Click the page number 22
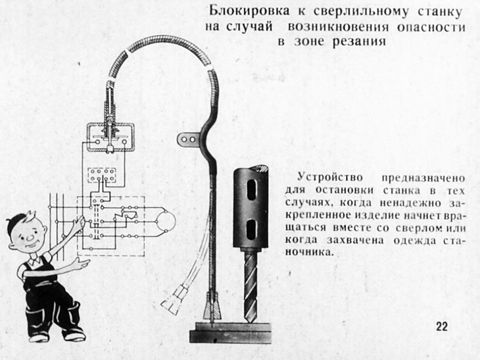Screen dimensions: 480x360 (x=442, y=326)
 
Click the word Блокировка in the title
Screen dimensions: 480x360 (x=249, y=11)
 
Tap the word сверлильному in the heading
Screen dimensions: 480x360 (x=361, y=13)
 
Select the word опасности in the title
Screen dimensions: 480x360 (x=431, y=27)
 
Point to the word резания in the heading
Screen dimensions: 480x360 (x=360, y=41)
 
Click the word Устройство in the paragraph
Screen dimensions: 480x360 (x=330, y=177)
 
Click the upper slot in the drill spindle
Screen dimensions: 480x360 (x=252, y=190)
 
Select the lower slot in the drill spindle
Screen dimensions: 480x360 (x=251, y=229)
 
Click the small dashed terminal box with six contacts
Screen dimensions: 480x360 (x=102, y=175)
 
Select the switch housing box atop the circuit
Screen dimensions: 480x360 (x=111, y=138)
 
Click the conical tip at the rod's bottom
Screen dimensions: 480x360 (x=212, y=307)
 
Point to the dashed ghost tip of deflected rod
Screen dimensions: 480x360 (x=174, y=297)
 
